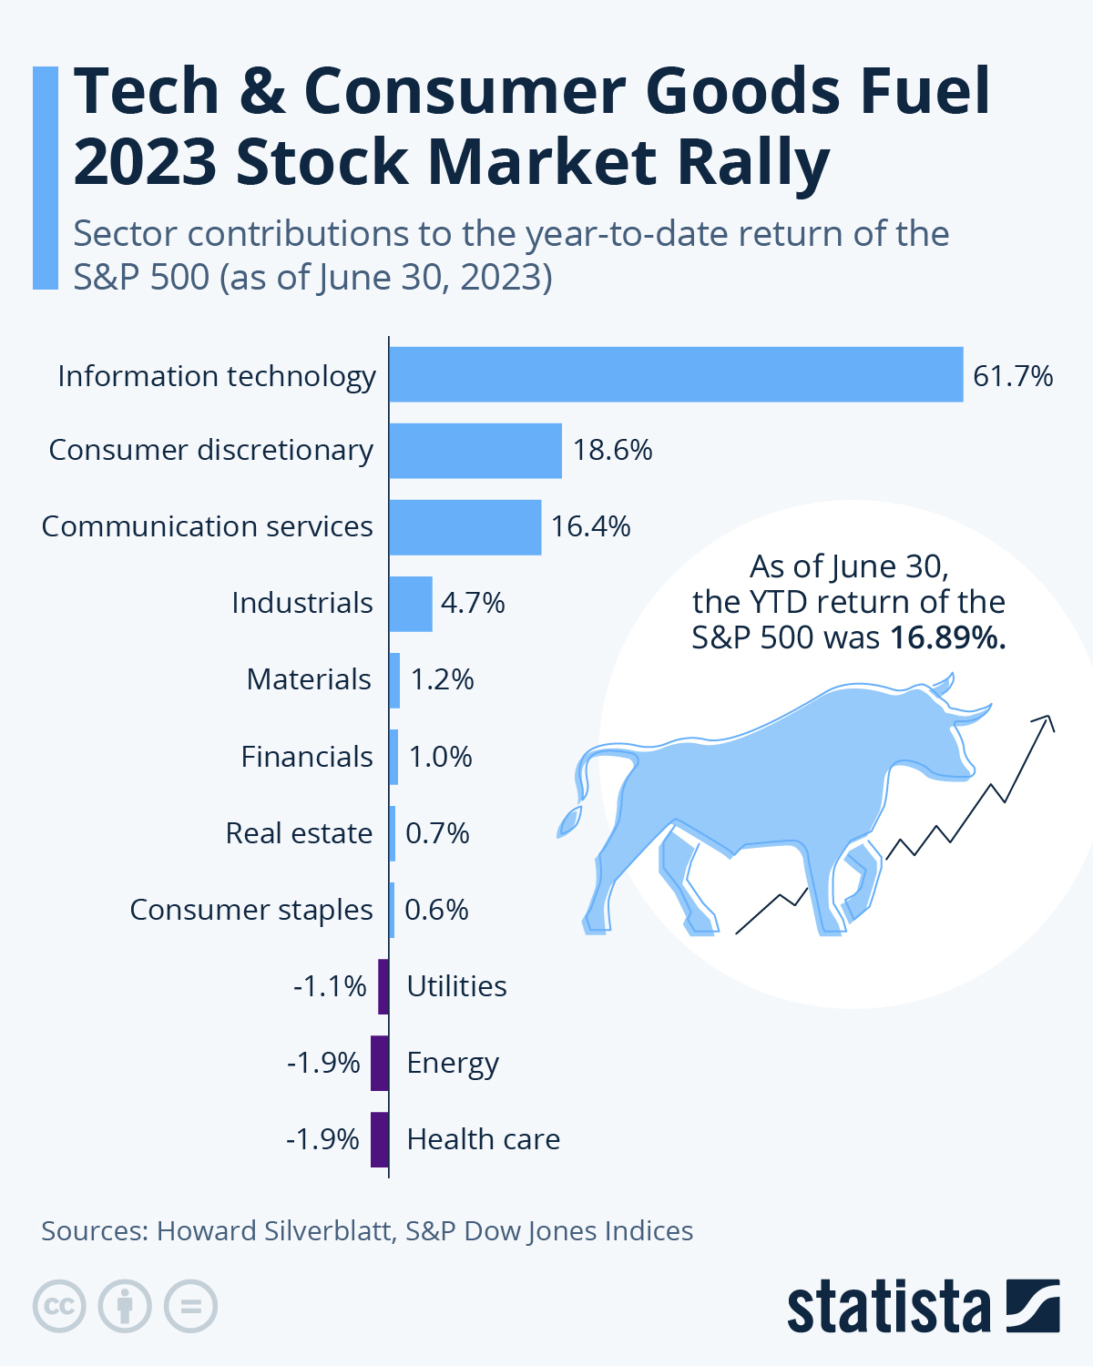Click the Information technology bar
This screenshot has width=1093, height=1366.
point(676,374)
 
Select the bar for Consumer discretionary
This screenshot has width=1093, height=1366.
point(475,451)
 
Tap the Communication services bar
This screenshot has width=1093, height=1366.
point(465,527)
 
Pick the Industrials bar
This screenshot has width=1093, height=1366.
point(411,604)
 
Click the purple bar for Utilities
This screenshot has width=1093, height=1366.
point(383,986)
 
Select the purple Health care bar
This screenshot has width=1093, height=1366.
point(380,1139)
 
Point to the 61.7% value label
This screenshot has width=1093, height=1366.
point(1013,376)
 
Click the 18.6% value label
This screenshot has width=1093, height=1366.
point(612,451)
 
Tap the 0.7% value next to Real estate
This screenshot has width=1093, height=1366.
point(437,833)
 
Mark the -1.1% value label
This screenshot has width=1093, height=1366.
point(330,986)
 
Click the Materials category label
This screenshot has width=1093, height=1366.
point(309,679)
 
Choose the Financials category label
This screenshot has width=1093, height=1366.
point(307,757)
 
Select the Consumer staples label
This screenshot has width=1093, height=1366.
point(251,910)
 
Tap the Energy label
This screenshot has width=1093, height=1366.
point(453,1064)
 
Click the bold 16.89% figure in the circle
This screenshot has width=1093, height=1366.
point(947,637)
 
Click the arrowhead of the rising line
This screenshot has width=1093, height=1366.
point(1047,721)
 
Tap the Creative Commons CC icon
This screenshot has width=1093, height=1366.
point(59,1307)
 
